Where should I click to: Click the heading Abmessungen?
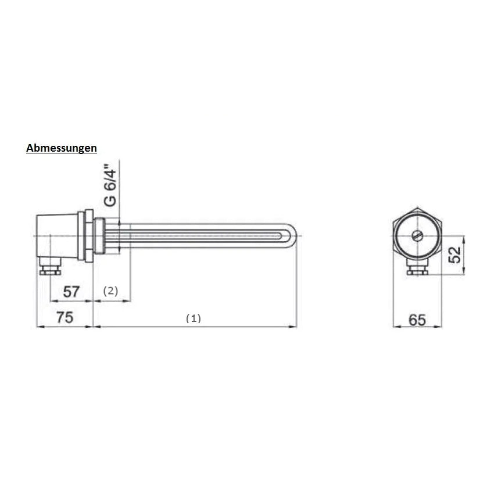[62, 148]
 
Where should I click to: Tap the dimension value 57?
[71, 292]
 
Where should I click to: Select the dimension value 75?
[65, 317]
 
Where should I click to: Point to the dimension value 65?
[417, 320]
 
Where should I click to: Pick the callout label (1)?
[193, 318]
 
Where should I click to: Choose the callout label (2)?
[110, 291]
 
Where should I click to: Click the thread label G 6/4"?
[110, 185]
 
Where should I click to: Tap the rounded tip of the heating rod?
[293, 235]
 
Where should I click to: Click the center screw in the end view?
[417, 235]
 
